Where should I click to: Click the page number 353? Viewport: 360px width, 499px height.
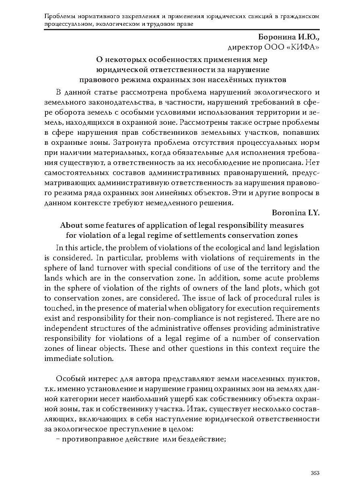tap(315, 473)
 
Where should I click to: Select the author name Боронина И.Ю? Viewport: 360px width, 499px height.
tap(289, 37)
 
